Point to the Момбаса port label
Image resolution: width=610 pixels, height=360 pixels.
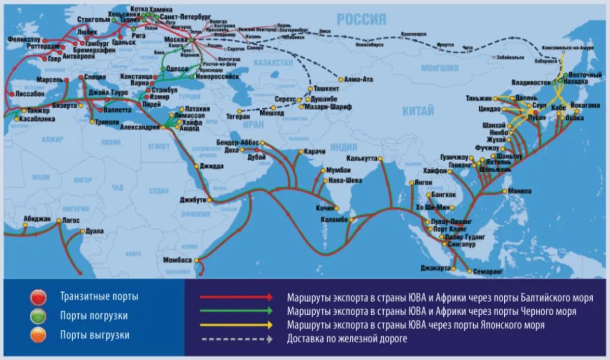177,260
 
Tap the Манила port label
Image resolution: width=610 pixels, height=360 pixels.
520,191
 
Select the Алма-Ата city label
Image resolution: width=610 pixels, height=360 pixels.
358,79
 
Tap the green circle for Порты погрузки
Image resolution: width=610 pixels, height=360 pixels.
39,316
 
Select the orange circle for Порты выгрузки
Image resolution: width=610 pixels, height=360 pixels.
39,335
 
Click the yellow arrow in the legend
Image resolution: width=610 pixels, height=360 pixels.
236,324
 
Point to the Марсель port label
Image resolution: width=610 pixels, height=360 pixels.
49,80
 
